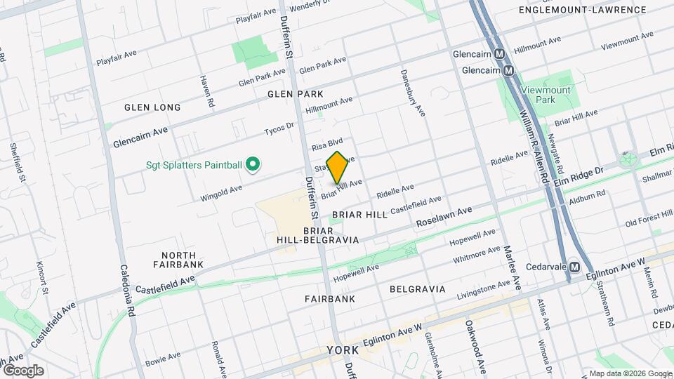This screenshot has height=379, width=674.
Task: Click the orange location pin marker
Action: (x=338, y=167)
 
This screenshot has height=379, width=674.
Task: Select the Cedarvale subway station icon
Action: (x=574, y=267)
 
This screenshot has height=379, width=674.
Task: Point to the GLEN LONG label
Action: (x=152, y=107)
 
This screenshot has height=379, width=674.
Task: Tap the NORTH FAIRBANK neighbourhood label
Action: (x=178, y=260)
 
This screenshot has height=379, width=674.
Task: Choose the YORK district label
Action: (x=343, y=350)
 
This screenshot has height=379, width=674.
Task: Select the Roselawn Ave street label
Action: (x=444, y=218)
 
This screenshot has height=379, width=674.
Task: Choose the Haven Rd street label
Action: (x=206, y=91)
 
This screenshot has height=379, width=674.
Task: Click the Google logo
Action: (x=23, y=370)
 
